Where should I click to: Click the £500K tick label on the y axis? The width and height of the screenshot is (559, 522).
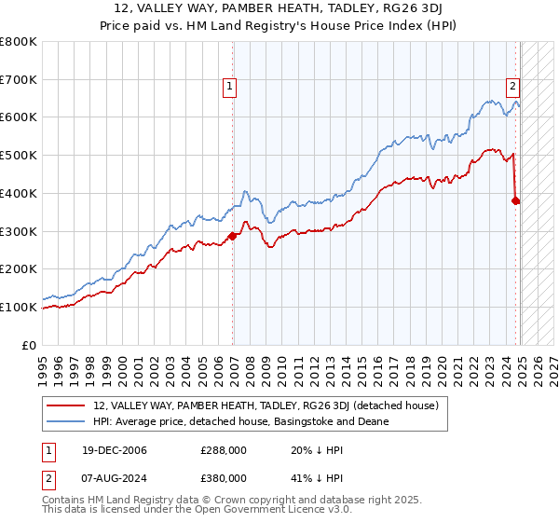(x=19, y=156)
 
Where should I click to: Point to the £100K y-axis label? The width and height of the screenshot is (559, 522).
(x=19, y=307)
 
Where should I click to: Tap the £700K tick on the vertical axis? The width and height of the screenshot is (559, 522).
(x=19, y=80)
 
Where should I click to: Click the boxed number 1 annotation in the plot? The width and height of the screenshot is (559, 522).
(x=229, y=88)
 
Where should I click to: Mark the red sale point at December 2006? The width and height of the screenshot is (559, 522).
(x=233, y=236)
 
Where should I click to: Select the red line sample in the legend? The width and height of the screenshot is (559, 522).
(x=66, y=405)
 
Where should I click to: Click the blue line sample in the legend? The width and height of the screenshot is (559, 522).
(x=66, y=421)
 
